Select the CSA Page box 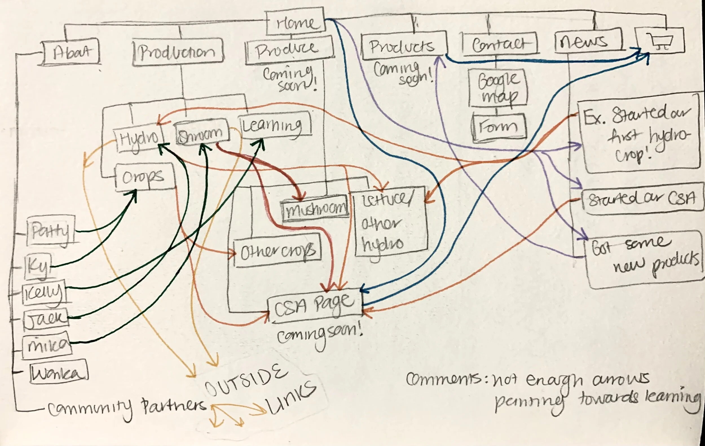tap(315, 306)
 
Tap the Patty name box tap(51, 231)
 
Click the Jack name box tap(46, 318)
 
